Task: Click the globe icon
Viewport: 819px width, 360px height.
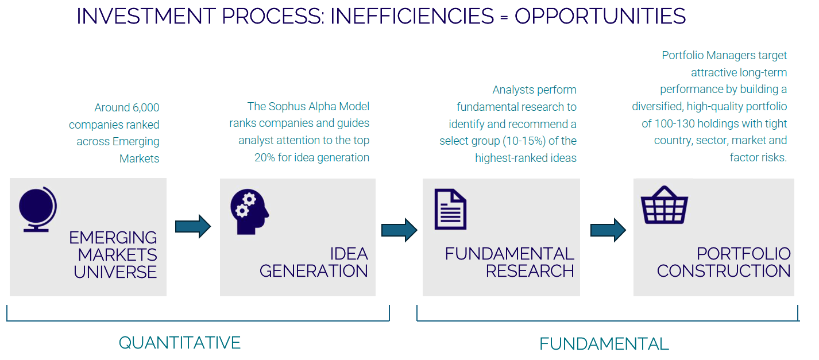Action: click(x=38, y=209)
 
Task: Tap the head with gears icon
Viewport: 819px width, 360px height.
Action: click(x=249, y=212)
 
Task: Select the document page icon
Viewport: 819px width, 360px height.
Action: click(x=450, y=209)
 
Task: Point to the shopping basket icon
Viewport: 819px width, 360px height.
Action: click(x=665, y=205)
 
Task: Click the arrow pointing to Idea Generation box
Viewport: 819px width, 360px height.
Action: click(x=193, y=227)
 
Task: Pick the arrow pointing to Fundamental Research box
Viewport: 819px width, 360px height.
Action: click(x=399, y=230)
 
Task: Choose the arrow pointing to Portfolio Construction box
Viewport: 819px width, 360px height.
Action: click(x=608, y=230)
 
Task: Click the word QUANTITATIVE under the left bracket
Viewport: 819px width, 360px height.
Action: click(x=180, y=343)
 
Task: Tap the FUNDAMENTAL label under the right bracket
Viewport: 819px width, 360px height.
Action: click(x=604, y=344)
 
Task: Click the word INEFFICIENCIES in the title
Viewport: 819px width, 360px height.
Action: click(x=412, y=17)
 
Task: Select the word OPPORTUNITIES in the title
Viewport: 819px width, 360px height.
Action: click(x=600, y=17)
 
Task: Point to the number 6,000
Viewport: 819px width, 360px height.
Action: click(x=145, y=107)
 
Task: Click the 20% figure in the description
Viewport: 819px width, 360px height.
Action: click(x=264, y=157)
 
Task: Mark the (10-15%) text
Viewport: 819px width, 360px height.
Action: click(x=524, y=141)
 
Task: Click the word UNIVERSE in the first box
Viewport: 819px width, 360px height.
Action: click(x=115, y=272)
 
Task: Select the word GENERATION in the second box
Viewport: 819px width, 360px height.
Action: click(x=314, y=271)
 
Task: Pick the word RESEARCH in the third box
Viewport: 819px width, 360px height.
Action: click(x=530, y=271)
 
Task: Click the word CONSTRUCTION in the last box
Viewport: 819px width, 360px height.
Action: click(x=724, y=271)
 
